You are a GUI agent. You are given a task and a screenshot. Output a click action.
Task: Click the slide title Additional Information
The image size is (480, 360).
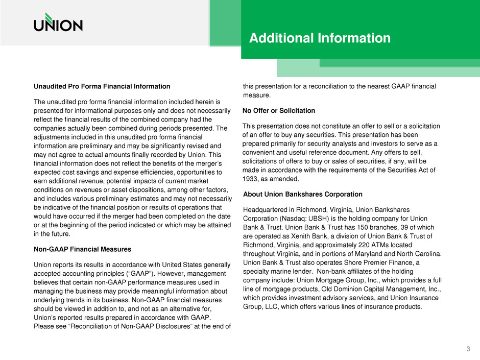pos(320,38)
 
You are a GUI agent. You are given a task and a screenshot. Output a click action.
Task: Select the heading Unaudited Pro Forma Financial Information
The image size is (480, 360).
pos(102,87)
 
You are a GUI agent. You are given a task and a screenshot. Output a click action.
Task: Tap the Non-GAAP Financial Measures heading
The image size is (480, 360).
pos(83,249)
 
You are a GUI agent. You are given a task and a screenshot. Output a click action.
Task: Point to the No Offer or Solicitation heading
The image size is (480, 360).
pos(279,110)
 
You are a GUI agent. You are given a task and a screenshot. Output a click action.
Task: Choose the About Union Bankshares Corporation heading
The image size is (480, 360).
pos(303,194)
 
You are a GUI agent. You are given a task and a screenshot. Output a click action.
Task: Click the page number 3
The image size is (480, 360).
pos(468,349)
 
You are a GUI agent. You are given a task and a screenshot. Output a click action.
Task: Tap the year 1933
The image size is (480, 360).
pos(251,180)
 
